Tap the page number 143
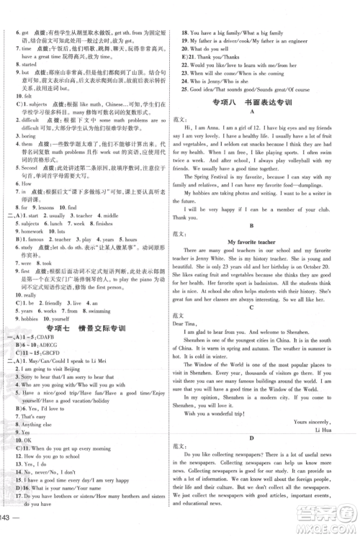pos(10,528)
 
